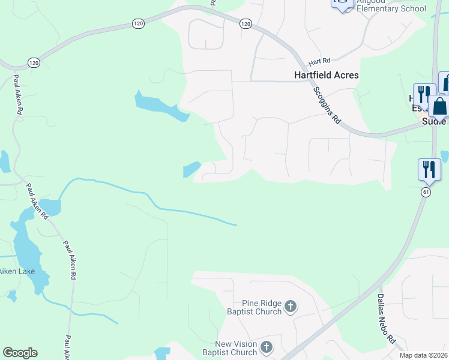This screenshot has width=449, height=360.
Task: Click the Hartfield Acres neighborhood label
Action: coord(327,75)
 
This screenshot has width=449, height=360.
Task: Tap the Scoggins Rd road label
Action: coord(327,104)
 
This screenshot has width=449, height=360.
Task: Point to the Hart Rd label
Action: coord(319,62)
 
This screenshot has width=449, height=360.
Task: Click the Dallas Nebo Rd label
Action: coord(386,318)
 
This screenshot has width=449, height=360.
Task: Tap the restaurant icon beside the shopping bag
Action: coord(424,95)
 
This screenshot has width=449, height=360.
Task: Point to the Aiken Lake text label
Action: coord(17,271)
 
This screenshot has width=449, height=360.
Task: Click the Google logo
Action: coord(20,353)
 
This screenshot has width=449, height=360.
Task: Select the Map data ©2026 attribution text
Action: coord(423,355)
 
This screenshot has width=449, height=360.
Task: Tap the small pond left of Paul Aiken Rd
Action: coord(5,161)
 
